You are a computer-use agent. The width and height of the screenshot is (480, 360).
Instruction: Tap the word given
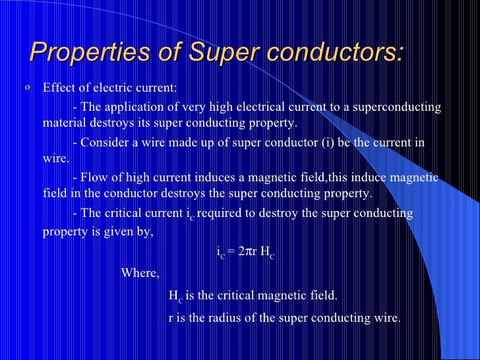click(117, 231)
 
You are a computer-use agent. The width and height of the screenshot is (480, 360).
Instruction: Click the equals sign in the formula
click(231, 251)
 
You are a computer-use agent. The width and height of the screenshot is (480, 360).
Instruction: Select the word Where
click(140, 273)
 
